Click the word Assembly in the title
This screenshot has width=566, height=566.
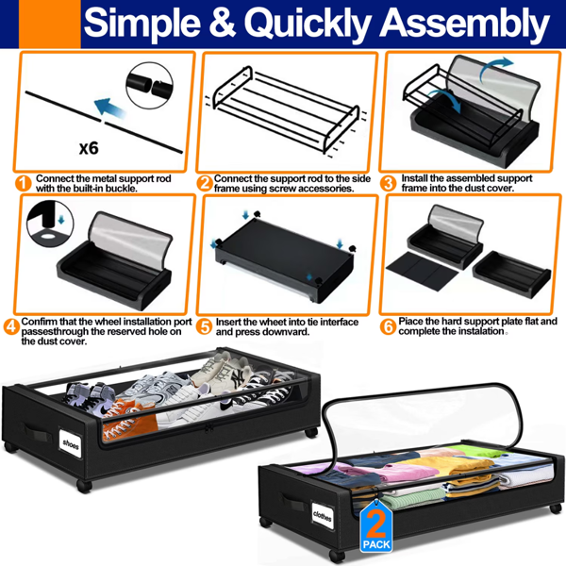coord(464,24)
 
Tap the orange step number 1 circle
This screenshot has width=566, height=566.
coord(24,183)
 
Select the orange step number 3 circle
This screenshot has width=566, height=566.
coord(389,183)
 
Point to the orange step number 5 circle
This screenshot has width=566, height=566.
coord(205,326)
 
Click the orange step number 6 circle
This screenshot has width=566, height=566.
coord(388,326)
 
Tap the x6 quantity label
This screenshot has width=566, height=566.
coord(89,148)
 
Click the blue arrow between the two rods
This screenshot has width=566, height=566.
coord(109,108)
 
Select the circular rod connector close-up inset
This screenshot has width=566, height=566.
coord(149,86)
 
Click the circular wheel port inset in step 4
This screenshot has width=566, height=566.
coord(50,224)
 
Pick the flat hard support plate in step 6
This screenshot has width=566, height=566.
coord(422,271)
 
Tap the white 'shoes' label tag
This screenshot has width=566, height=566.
coord(71,444)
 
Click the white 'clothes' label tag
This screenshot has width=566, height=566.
coord(322,516)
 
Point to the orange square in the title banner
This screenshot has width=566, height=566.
coord(49,24)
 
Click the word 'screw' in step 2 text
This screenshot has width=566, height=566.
coord(284,189)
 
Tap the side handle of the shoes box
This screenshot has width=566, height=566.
coord(35,431)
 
